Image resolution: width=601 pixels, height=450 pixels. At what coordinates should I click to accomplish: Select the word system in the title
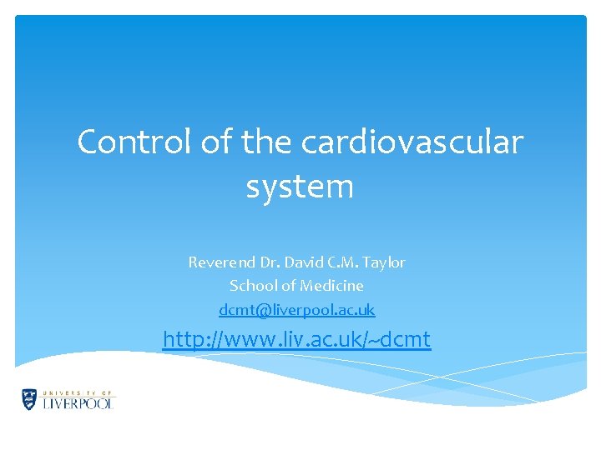pos(300,187)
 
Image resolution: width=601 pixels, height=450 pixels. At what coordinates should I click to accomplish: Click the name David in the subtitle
pos(304,262)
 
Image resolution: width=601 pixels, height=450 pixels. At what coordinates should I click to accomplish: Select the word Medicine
pos(331,286)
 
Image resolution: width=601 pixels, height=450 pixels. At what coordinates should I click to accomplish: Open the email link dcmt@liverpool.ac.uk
pos(297,310)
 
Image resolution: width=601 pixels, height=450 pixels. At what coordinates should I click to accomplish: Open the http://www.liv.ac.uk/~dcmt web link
pos(296,340)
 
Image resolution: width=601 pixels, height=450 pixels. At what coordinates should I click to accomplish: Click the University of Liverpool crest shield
pos(30,399)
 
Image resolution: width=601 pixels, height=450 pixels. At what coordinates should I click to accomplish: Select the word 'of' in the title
pos(215,142)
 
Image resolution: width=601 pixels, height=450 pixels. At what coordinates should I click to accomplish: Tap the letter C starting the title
pos(87,142)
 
